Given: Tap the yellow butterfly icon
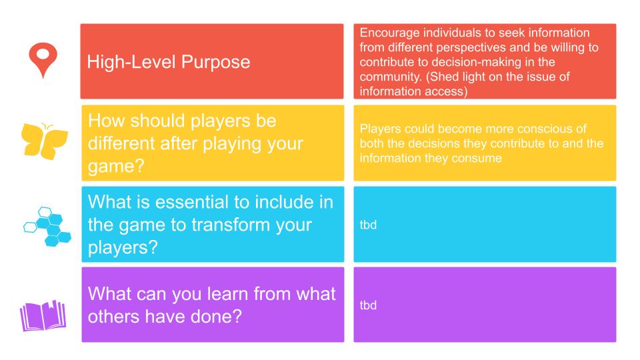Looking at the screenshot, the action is [44, 141].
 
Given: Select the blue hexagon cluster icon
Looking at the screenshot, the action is [47, 227].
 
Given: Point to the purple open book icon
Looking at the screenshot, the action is [43, 315].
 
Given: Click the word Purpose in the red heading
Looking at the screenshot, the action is [215, 62].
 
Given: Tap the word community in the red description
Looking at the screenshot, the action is [390, 77].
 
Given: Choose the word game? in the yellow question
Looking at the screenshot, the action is [116, 167].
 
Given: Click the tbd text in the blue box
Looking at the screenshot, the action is [368, 225].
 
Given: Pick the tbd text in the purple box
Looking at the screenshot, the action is [368, 305].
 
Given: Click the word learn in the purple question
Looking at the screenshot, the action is [228, 294].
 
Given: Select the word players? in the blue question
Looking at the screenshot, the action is [123, 248].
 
